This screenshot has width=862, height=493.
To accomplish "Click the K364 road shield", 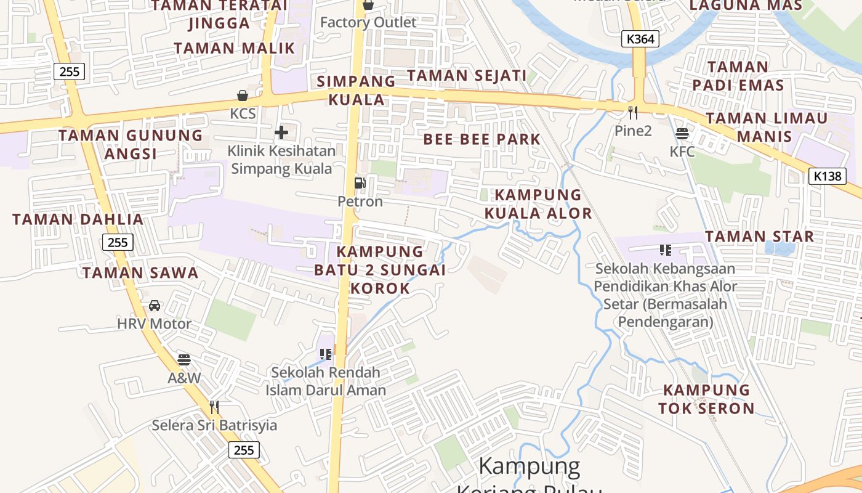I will pos(640,39).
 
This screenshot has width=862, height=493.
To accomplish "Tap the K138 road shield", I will pos(826,176).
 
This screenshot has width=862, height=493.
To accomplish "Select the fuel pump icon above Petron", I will pos(360,183).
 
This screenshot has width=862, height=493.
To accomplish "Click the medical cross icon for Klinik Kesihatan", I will pos(281,132).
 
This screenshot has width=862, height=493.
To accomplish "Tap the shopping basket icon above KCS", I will pos(243,96).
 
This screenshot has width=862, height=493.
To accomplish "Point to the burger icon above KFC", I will pos(682,133).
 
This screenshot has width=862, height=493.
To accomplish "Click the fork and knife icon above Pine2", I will pos(632,113).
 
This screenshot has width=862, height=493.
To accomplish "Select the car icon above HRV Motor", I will pos(155,306).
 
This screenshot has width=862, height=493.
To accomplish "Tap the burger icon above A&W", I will pos(184,359).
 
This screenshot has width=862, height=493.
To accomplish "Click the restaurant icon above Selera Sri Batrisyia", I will pos(214,407).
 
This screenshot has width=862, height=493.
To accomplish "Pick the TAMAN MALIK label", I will pos(234,48).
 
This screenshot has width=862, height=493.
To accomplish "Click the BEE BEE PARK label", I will pos(481,139).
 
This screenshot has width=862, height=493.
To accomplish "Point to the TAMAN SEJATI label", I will pos(467,76).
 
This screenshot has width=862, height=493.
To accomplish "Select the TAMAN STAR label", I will pos(759,236).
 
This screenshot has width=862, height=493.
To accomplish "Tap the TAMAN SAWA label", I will pos(140,273).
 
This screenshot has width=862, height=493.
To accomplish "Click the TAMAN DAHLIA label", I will pos(78,219).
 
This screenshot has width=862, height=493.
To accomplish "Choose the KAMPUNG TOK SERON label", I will pos(706,399).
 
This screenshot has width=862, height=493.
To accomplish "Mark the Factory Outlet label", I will pos(368,23).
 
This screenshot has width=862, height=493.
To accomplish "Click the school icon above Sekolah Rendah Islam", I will pos(325,354).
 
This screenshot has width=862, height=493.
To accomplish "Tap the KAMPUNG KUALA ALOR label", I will pos(538,204).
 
